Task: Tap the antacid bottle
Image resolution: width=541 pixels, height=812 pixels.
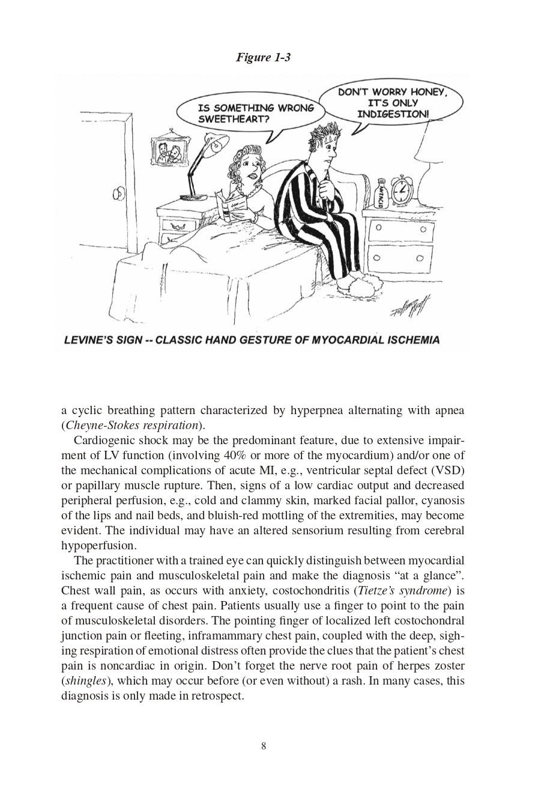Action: [x=379, y=195]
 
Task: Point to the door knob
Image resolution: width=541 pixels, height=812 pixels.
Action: [x=119, y=194]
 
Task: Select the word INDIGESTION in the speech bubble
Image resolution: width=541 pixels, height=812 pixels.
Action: [x=393, y=114]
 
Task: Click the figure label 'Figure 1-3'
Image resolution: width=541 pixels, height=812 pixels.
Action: [x=263, y=58]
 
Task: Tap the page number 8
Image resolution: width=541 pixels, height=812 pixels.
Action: [x=264, y=746]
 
